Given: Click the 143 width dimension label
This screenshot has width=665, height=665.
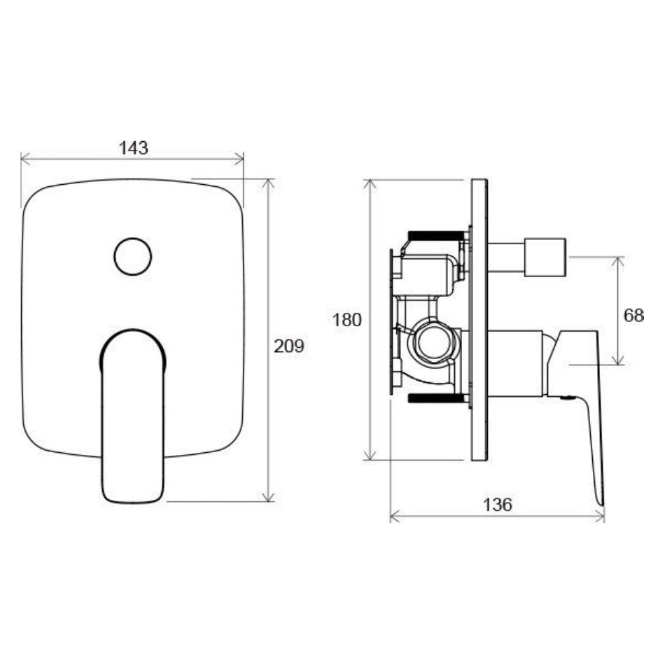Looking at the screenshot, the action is [134, 148].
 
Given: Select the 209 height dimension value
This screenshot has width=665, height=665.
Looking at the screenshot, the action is [289, 346].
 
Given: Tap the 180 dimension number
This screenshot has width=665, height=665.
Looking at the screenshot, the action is [347, 320].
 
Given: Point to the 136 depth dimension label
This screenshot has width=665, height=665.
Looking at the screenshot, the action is [498, 505].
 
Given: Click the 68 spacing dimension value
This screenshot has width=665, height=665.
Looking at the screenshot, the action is [633, 316].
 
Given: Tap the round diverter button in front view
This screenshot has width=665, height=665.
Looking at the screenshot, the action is [133, 257].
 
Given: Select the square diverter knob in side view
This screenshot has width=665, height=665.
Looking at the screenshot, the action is [545, 258].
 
